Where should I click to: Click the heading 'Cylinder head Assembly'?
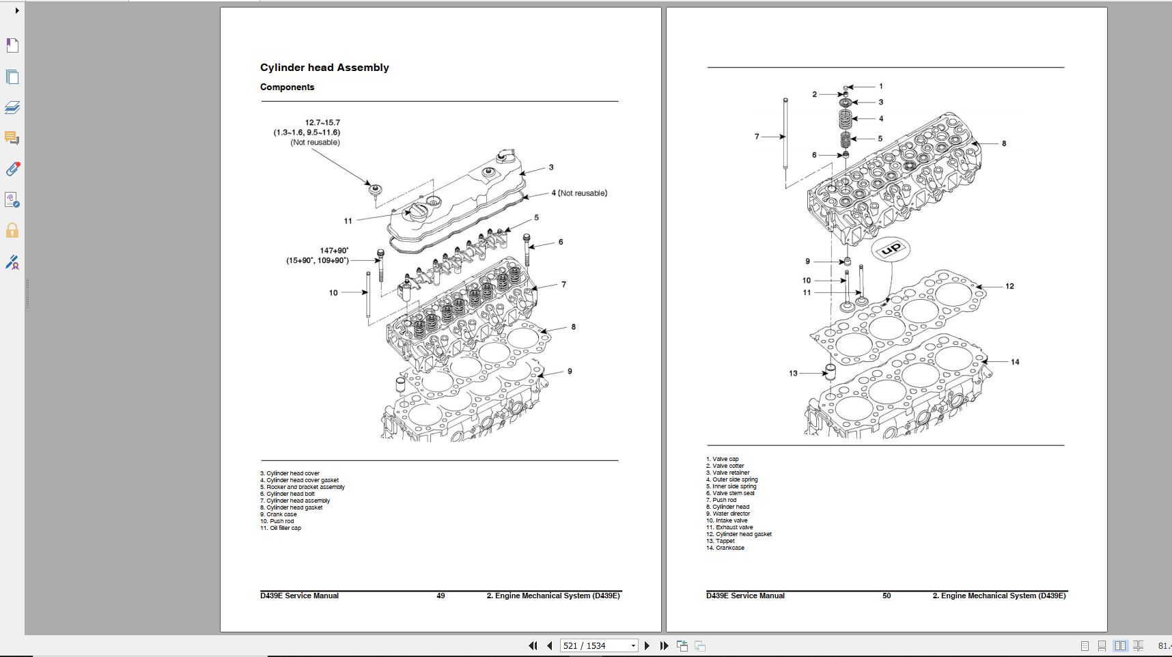324,68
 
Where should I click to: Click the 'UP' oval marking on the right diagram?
891,249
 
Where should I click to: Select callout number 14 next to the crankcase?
1015,362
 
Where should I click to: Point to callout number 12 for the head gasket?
1009,286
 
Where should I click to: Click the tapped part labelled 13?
831,372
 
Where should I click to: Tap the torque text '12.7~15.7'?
322,123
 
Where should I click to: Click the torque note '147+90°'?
334,251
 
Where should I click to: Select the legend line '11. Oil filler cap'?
281,528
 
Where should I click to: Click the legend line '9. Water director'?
728,514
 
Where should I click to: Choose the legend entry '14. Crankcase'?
725,548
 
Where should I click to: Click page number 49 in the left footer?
441,596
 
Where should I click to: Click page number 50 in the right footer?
887,596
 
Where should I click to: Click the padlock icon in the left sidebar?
12,231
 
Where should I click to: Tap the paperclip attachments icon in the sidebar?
12,169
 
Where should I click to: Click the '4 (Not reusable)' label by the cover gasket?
579,193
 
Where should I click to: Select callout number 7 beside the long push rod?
757,137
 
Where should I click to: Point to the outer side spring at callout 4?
846,119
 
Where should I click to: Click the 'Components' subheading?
287,87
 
